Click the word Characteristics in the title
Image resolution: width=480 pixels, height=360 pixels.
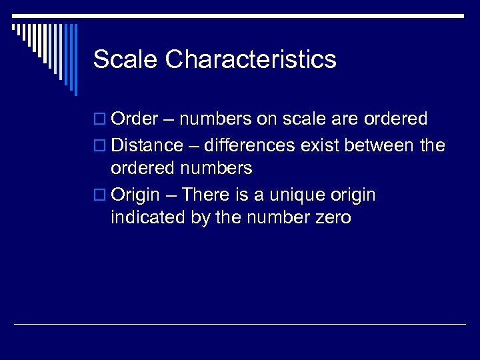251,59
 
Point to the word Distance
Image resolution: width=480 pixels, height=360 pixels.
147,145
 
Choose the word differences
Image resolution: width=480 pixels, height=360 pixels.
251,145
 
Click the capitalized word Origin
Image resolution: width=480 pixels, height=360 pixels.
135,195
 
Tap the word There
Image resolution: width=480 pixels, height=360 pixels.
205,195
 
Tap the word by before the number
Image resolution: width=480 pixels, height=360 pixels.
193,218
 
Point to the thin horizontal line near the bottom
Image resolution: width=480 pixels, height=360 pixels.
240,324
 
